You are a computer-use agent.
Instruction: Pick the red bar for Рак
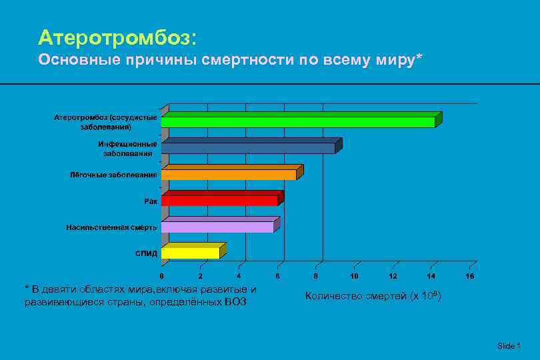point(219,200)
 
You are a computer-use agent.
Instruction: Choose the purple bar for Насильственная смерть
point(217,227)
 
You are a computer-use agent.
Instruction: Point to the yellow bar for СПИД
point(191,253)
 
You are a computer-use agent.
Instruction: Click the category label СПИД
point(146,253)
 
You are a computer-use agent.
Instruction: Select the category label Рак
point(151,201)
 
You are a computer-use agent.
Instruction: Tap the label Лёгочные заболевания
point(114,175)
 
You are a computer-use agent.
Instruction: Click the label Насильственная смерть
point(111,227)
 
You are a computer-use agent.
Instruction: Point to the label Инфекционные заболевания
point(127,148)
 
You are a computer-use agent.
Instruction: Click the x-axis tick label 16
point(470,275)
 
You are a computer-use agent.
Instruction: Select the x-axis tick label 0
point(161,275)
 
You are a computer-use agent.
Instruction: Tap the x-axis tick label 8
point(316,275)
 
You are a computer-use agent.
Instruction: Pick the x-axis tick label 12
point(393,275)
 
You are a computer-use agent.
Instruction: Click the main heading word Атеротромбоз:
point(117,36)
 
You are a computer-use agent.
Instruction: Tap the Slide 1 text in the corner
point(508,345)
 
